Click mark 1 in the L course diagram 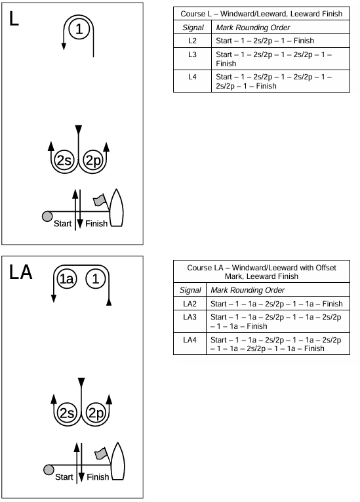pyautogui.click(x=79, y=29)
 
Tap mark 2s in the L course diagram pyautogui.click(x=64, y=160)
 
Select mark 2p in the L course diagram pyautogui.click(x=93, y=160)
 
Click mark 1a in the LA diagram pyautogui.click(x=67, y=279)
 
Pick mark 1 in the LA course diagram pyautogui.click(x=95, y=279)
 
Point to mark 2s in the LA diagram pyautogui.click(x=67, y=413)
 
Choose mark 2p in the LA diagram pyautogui.click(x=96, y=413)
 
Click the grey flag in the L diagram pyautogui.click(x=99, y=200)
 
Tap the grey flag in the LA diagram pyautogui.click(x=101, y=453)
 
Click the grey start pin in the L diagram pyautogui.click(x=47, y=217)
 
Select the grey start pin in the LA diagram pyautogui.click(x=49, y=470)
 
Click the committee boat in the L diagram pyautogui.click(x=117, y=208)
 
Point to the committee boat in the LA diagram pyautogui.click(x=118, y=461)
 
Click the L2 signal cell pyautogui.click(x=192, y=41)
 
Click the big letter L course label pyautogui.click(x=14, y=18)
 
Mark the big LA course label pyautogui.click(x=21, y=272)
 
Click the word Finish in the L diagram pyautogui.click(x=96, y=224)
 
